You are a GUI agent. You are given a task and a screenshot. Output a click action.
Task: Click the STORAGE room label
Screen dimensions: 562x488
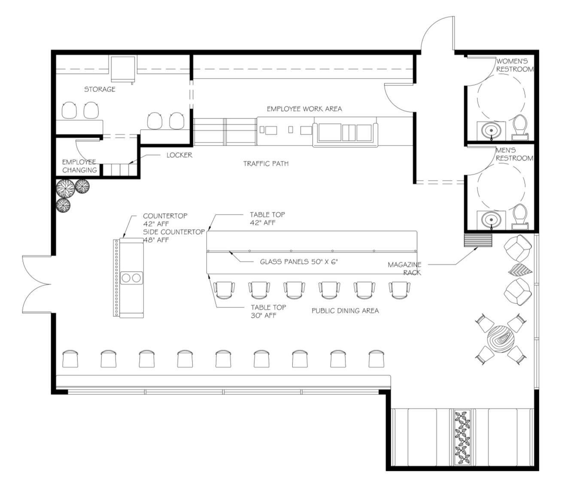[x=100, y=89]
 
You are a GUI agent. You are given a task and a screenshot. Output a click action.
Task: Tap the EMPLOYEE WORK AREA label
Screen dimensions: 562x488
[x=304, y=109]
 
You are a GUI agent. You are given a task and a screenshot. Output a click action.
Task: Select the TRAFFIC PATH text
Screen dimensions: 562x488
[x=266, y=164]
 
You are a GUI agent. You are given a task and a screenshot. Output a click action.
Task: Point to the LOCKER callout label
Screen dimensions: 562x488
[x=179, y=155]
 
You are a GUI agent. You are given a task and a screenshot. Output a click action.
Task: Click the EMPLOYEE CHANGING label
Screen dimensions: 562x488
[x=79, y=166]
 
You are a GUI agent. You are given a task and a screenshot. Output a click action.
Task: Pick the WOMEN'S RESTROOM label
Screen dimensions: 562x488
[x=514, y=65]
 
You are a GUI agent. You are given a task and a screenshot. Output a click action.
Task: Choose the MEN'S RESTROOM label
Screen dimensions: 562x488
[x=514, y=154]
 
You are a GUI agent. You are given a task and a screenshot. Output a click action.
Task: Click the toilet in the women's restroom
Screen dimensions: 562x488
[x=520, y=127]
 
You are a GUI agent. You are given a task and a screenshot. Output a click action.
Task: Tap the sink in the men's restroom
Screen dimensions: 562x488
[x=491, y=220]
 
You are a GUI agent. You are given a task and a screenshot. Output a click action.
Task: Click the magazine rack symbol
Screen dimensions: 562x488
[x=478, y=241]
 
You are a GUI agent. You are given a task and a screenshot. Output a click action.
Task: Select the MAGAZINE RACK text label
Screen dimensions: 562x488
[x=404, y=269]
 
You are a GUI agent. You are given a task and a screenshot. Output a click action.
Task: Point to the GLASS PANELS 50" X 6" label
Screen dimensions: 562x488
[x=299, y=262]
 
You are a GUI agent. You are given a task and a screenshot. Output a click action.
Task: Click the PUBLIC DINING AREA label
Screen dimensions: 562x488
[x=345, y=311]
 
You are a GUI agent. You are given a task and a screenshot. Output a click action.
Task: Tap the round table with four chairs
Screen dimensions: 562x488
[x=501, y=339]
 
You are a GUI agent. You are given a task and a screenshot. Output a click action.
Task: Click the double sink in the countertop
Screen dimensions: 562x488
[x=131, y=278]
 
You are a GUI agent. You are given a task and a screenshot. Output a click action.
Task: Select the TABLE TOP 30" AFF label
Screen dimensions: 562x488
[x=268, y=312]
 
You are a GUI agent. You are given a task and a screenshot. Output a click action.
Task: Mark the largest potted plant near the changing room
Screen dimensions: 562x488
[x=66, y=189]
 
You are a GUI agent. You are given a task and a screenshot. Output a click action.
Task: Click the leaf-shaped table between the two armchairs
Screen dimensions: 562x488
[x=520, y=270]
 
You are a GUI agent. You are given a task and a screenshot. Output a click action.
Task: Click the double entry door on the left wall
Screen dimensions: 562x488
[x=37, y=284]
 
